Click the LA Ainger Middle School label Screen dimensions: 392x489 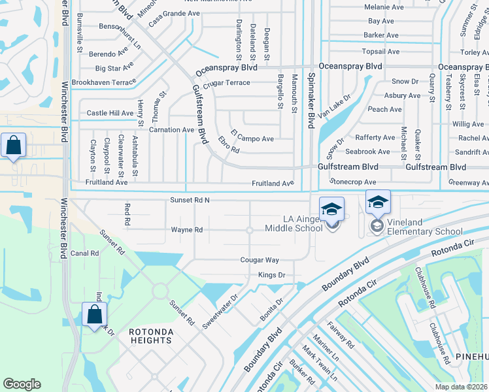click(x=294, y=223)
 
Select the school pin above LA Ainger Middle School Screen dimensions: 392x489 click(x=331, y=210)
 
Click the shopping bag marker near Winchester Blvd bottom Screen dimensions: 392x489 click(x=95, y=315)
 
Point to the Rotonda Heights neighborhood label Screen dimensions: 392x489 click(x=151, y=336)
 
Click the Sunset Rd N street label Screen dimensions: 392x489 click(x=190, y=200)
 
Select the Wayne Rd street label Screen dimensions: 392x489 click(x=187, y=230)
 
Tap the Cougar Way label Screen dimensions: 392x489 click(x=260, y=260)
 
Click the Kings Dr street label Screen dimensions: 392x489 click(x=271, y=275)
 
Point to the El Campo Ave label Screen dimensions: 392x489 click(x=252, y=139)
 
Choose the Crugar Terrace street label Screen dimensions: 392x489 click(x=226, y=83)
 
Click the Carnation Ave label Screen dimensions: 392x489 click(x=171, y=129)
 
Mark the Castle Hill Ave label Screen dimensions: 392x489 click(x=110, y=113)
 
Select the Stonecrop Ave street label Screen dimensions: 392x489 click(x=354, y=182)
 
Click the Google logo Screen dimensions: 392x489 click(x=22, y=384)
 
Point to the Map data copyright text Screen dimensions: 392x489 click(x=461, y=387)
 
